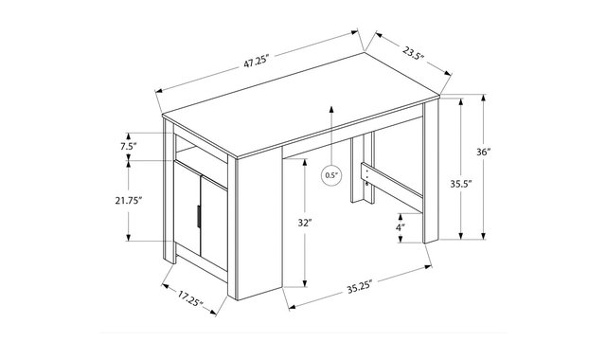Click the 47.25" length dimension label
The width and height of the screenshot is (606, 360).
coord(256,62)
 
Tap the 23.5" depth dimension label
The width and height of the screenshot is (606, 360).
coord(413,53)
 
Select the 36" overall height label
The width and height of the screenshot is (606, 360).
coord(483,152)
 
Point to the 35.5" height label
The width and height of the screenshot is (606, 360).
coord(461,184)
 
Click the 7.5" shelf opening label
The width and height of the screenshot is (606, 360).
coord(129,146)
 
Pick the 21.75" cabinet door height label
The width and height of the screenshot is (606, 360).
coord(129,200)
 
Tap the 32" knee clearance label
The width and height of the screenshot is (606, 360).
coord(305,223)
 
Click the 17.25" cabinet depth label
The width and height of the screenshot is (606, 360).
coord(190,298)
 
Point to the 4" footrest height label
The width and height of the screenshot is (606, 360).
coord(401,227)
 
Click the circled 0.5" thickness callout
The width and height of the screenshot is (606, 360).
coord(331,175)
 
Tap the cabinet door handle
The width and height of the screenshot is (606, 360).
coord(198,217)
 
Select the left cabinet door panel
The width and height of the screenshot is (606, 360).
coord(187,208)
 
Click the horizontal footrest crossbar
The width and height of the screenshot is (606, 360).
coord(392,188)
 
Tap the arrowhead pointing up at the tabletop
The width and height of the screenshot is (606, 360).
coord(331,109)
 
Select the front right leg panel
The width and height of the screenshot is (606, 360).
coord(431,172)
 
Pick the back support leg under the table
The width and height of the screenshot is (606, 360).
coord(363,170)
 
